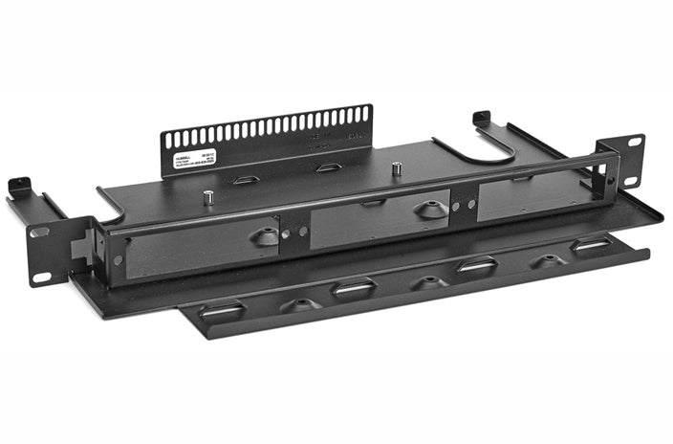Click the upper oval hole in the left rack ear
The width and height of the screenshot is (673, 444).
tap(39, 232)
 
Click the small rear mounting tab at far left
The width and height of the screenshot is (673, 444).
tap(17, 185)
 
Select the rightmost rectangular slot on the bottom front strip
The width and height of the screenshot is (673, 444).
tap(591, 245)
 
